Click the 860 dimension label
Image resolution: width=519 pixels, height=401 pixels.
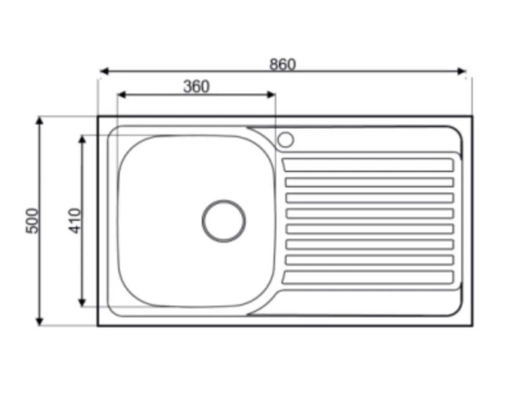coord(283,64)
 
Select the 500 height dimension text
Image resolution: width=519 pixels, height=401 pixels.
coord(32,221)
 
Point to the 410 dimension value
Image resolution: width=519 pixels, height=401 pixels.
coord(74,221)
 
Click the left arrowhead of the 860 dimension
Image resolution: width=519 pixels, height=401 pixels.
coord(104,71)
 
